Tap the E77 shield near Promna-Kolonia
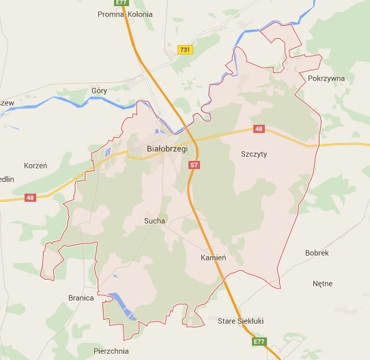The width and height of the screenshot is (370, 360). [x=122, y=3]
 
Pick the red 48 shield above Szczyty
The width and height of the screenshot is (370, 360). [x=258, y=129]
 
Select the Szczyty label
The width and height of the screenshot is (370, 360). [x=254, y=154]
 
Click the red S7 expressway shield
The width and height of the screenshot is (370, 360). [x=195, y=165]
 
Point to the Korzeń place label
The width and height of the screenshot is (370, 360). [x=35, y=166]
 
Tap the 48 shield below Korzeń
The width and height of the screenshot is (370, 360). [x=30, y=198]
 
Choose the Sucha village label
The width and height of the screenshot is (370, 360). [x=154, y=221]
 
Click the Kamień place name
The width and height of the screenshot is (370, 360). [x=213, y=258]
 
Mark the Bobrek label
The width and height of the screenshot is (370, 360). [x=317, y=253]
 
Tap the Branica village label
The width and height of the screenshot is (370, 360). [x=81, y=298]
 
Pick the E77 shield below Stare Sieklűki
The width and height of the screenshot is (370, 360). [x=257, y=342]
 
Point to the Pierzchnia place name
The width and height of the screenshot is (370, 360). [x=110, y=352]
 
